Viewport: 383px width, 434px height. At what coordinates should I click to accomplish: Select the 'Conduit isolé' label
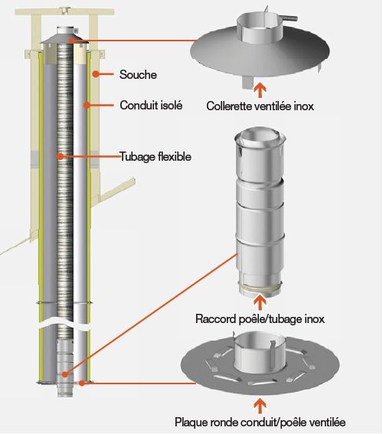pos(151,106)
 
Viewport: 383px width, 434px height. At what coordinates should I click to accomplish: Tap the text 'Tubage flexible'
pos(155,157)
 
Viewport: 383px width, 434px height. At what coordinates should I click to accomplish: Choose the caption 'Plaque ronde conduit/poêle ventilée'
pos(260,422)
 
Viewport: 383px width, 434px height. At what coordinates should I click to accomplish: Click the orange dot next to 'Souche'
pos(94,75)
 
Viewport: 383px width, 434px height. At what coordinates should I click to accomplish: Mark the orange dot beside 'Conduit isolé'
pos(92,106)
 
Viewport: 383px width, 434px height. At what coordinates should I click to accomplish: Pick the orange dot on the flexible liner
pos(61,157)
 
